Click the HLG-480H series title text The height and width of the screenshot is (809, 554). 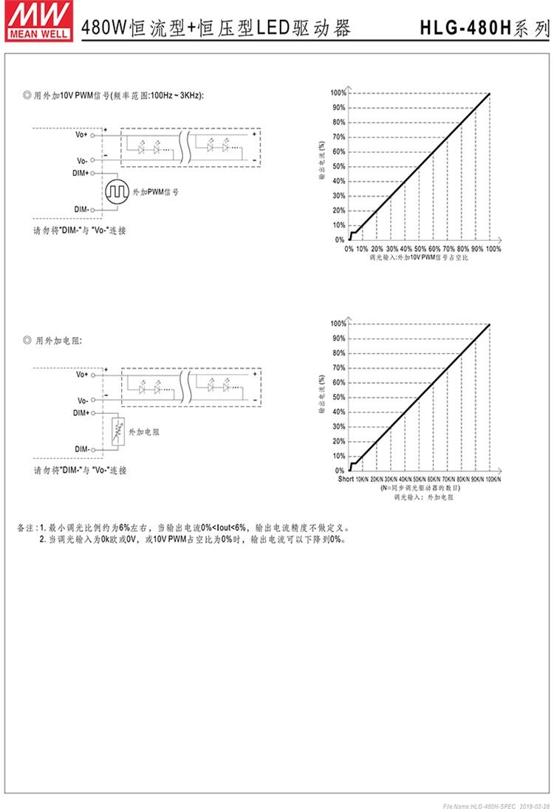click(484, 28)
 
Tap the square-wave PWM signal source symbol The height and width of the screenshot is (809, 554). click(116, 192)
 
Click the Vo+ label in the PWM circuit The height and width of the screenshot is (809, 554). click(81, 134)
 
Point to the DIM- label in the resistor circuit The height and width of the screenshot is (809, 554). click(81, 449)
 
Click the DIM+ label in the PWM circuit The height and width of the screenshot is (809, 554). click(81, 173)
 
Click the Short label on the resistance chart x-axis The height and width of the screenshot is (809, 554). click(346, 480)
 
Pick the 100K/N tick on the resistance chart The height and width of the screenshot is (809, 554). click(493, 480)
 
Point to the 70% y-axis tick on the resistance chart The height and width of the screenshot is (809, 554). click(338, 368)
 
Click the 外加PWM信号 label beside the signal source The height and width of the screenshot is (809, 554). click(156, 192)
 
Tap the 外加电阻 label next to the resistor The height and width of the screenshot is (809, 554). click(144, 430)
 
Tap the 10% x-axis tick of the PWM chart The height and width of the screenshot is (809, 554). click(363, 249)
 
